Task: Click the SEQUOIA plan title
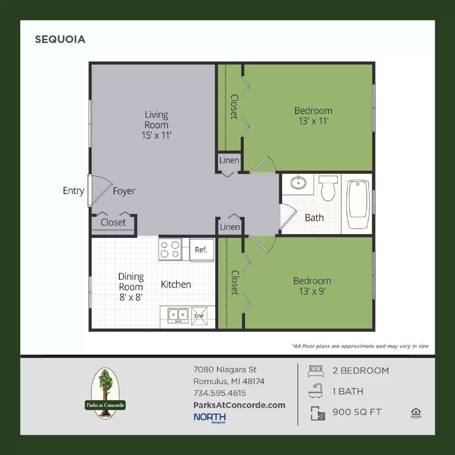pos(60,39)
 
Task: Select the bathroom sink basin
pos(298,183)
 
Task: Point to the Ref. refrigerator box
pos(201,250)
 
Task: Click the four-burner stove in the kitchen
pos(170,249)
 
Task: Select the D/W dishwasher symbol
pos(199,316)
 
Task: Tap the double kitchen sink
pos(178,315)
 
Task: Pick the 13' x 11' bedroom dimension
pos(313,121)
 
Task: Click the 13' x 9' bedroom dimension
pos(312,291)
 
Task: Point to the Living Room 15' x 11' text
pos(156,125)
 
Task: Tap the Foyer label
pos(124,191)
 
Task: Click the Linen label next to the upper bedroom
pos(229,160)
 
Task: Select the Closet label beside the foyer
pos(113,222)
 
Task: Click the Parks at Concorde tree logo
pos(105,393)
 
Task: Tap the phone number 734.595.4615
pos(220,393)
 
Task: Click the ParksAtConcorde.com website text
pos(239,405)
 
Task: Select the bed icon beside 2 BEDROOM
pos(316,371)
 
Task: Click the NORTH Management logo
pos(210,417)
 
